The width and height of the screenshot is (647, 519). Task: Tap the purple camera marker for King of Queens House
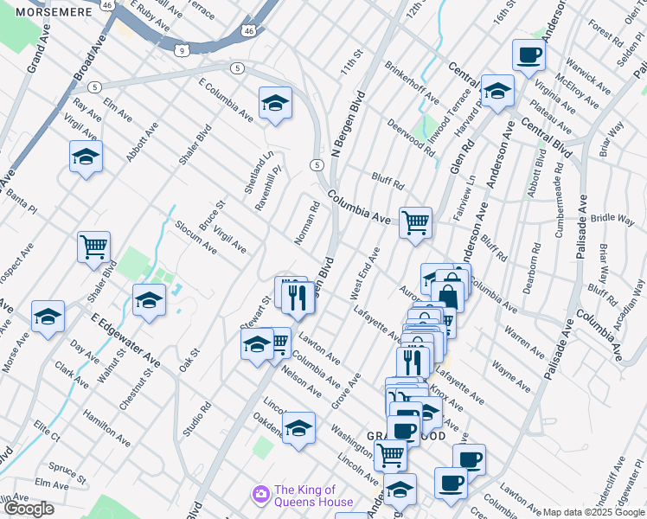click(259, 493)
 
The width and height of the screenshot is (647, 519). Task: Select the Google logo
click(29, 509)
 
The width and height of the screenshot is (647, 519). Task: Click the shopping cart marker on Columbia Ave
click(415, 221)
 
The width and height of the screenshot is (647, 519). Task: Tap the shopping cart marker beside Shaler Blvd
click(93, 246)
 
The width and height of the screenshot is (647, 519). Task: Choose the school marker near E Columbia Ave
click(275, 103)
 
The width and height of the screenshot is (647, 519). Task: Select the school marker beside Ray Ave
click(86, 157)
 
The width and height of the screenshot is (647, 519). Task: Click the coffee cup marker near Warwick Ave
click(528, 55)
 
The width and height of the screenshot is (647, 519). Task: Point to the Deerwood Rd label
click(411, 137)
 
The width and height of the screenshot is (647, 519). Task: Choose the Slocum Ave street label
click(195, 235)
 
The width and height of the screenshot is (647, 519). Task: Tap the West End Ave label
click(365, 274)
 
